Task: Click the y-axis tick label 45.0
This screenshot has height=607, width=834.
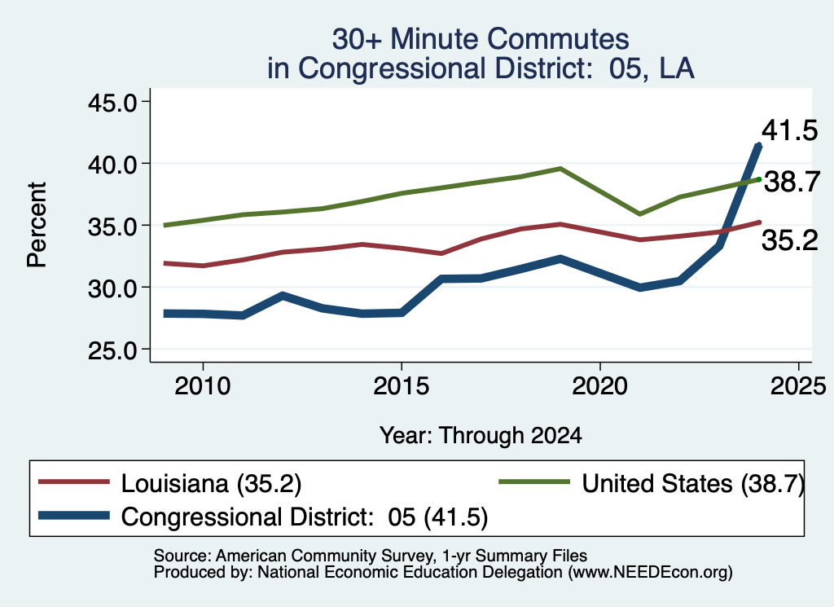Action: click(x=112, y=102)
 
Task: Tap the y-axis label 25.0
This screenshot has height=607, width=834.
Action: click(x=112, y=350)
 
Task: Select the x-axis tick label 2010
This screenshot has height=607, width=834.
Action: click(x=203, y=385)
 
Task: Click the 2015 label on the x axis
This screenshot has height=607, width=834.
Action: click(x=401, y=385)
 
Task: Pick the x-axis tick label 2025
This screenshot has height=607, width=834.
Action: click(x=798, y=385)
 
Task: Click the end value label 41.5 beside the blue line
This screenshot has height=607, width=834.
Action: click(x=789, y=130)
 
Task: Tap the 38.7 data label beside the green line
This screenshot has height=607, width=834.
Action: click(x=792, y=182)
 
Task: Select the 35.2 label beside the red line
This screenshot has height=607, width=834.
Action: click(x=790, y=240)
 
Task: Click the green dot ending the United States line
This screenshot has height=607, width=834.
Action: click(x=759, y=179)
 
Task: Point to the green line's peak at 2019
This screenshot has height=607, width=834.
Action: click(x=560, y=169)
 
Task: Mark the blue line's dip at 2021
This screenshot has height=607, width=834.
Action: click(x=640, y=288)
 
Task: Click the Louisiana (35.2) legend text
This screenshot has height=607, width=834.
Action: click(x=211, y=484)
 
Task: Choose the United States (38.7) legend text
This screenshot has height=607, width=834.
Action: click(x=692, y=484)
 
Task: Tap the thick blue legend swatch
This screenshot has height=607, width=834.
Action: click(x=74, y=516)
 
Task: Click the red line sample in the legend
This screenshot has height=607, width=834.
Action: click(x=74, y=482)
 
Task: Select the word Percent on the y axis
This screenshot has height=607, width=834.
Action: click(x=37, y=225)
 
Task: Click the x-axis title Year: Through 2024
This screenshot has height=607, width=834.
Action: click(x=481, y=435)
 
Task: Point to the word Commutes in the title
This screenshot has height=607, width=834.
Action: click(x=557, y=39)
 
